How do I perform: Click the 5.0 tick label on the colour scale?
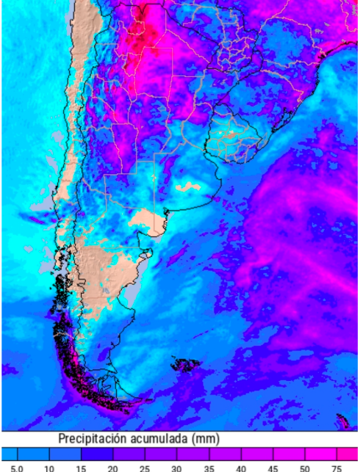tap(17, 467)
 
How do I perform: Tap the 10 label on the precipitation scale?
tap(49, 467)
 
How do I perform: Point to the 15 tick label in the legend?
tap(81, 467)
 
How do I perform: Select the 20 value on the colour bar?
tap(112, 467)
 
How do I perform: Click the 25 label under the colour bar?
tap(145, 467)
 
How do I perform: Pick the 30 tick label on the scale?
tap(176, 467)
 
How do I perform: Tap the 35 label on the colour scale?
tap(209, 467)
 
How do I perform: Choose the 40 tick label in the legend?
tap(240, 467)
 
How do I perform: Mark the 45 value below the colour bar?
tap(273, 467)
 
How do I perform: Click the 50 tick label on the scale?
tap(304, 467)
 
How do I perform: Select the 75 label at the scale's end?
tap(336, 467)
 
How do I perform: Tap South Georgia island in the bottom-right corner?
tap(342, 421)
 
